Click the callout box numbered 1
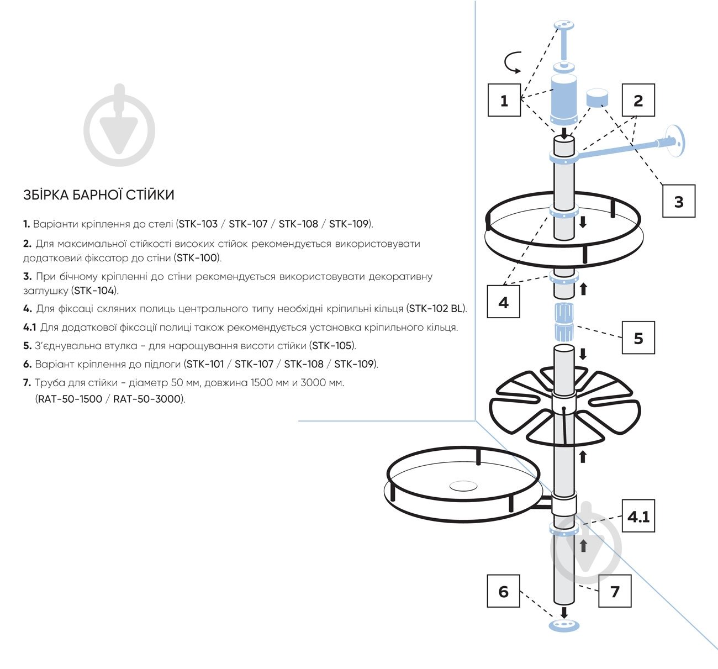tap(504, 100)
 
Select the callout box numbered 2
tap(638, 100)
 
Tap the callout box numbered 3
tap(679, 201)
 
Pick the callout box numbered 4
tap(503, 302)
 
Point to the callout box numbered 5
tap(638, 338)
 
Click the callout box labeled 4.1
tap(638, 516)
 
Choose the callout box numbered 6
tap(503, 591)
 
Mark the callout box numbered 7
tap(615, 591)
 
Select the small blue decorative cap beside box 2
tap(597, 98)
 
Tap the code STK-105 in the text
tap(332, 346)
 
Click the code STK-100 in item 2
tap(197, 258)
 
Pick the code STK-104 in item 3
tap(94, 291)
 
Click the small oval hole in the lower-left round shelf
tap(463, 486)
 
